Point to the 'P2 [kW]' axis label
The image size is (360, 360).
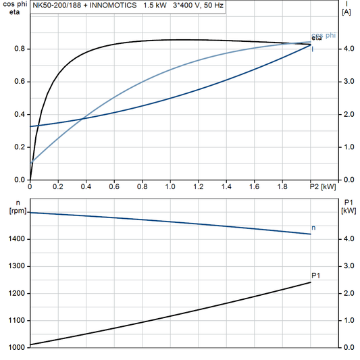click(322, 186)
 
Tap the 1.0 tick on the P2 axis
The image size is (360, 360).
click(170, 186)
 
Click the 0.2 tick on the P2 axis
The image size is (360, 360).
click(58, 186)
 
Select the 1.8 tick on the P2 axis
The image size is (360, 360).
click(282, 186)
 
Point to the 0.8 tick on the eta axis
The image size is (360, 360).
click(21, 49)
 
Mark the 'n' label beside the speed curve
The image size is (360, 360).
click(313, 228)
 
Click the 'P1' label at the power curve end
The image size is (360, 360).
click(315, 275)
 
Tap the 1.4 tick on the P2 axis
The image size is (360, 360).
click(226, 186)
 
